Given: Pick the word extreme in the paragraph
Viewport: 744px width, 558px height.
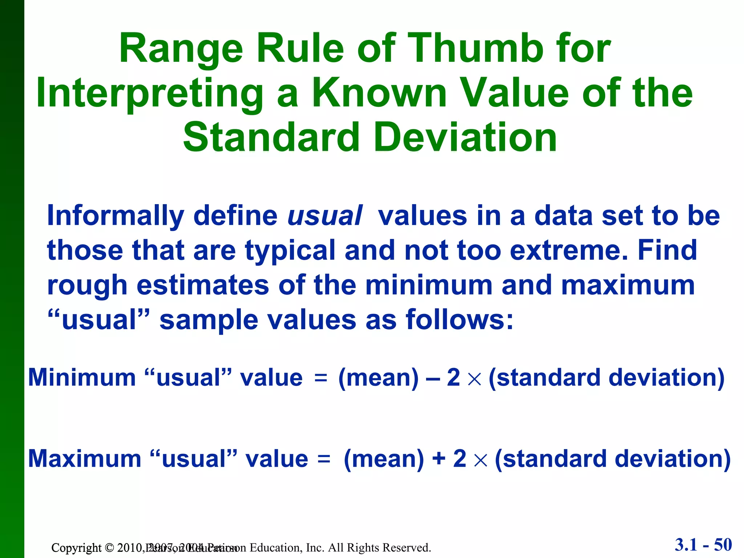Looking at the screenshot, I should point(569,251).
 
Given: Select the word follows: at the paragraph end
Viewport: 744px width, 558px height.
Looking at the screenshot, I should point(460,320).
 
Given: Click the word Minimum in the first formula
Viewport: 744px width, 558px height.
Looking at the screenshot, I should point(82,377).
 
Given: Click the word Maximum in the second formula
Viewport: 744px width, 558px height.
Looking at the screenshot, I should point(84,459).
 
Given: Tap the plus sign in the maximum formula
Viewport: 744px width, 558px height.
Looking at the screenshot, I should point(439,458).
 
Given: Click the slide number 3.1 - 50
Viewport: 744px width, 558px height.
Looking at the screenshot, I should point(703,545).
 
